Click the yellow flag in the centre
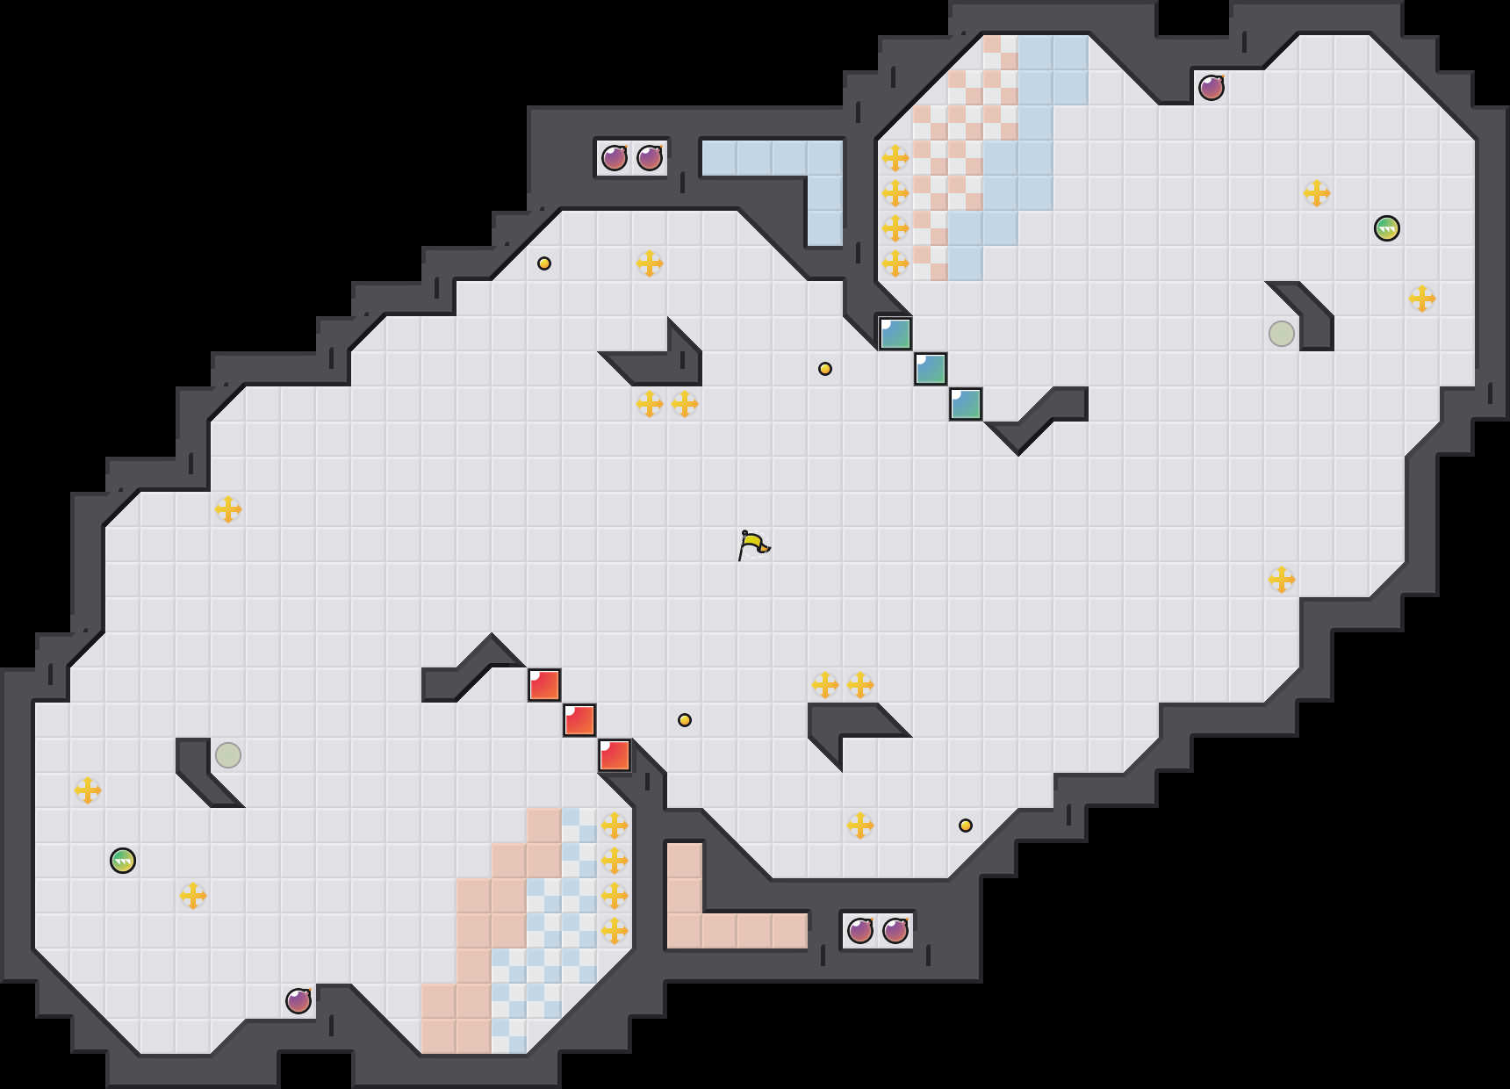pyautogui.click(x=753, y=544)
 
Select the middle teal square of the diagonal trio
pyautogui.click(x=931, y=369)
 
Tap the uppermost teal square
pyautogui.click(x=895, y=334)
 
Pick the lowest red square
pyautogui.click(x=615, y=755)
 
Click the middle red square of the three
pyautogui.click(x=579, y=720)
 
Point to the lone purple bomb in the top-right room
pyautogui.click(x=1212, y=88)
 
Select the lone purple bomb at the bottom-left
pyautogui.click(x=298, y=1001)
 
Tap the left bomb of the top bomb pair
pyautogui.click(x=615, y=158)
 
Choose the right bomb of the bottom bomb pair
pyautogui.click(x=895, y=931)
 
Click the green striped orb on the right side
pyautogui.click(x=1387, y=228)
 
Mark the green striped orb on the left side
pyautogui.click(x=123, y=861)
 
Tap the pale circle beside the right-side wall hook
pyautogui.click(x=1282, y=334)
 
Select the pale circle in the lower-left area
pyautogui.click(x=228, y=755)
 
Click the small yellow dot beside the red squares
pyautogui.click(x=685, y=720)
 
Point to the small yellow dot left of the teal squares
pyautogui.click(x=825, y=369)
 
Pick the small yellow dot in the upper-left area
pyautogui.click(x=544, y=263)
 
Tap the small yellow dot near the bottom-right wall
pyautogui.click(x=966, y=826)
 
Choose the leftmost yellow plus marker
pyautogui.click(x=88, y=790)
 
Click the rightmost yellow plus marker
pyautogui.click(x=1422, y=299)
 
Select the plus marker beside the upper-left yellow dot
pyautogui.click(x=650, y=263)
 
